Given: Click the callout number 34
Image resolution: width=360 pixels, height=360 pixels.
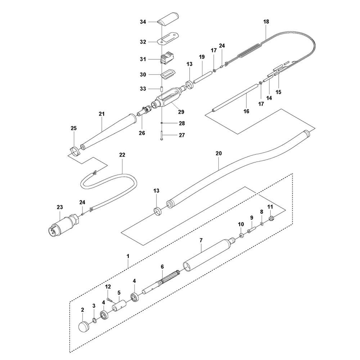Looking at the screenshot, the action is coord(143,22).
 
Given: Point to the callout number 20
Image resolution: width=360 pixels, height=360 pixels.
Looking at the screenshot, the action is coord(219,153).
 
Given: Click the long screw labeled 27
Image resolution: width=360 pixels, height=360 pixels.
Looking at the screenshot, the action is coord(162,135).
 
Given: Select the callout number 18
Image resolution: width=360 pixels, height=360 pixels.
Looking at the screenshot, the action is coord(266,22).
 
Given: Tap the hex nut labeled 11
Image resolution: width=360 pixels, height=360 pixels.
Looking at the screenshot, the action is coord(271,217).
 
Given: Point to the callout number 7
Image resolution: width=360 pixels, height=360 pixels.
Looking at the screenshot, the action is coord(201,240).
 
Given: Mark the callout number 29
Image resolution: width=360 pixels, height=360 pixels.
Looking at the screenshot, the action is coord(181,112).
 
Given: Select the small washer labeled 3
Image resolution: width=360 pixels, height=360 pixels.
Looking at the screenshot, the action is coord(94,320).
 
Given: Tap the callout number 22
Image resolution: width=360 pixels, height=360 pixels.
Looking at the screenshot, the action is coord(122,155).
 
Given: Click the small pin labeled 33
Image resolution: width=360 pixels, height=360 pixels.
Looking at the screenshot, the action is coord(162,89).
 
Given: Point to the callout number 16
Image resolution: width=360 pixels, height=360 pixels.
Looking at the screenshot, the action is coord(246,111).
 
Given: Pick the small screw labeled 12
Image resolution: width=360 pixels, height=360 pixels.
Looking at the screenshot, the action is coord(109,300).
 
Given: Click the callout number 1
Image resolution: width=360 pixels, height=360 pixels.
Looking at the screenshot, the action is coord(128,256).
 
